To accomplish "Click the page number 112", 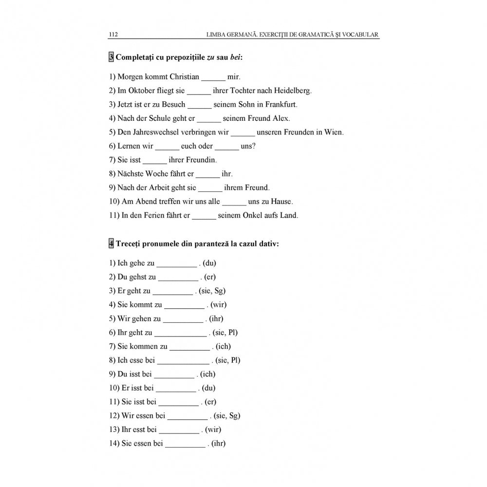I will [x=113, y=35].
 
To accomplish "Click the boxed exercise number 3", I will [x=111, y=57].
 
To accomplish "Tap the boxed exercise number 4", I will [x=111, y=244].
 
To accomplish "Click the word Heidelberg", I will [x=291, y=91].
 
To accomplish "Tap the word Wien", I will [x=335, y=132].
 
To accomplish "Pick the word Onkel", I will [x=253, y=216].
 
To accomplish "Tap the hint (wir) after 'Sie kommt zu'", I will [x=219, y=305].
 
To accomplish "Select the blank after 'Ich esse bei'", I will [x=183, y=361].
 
